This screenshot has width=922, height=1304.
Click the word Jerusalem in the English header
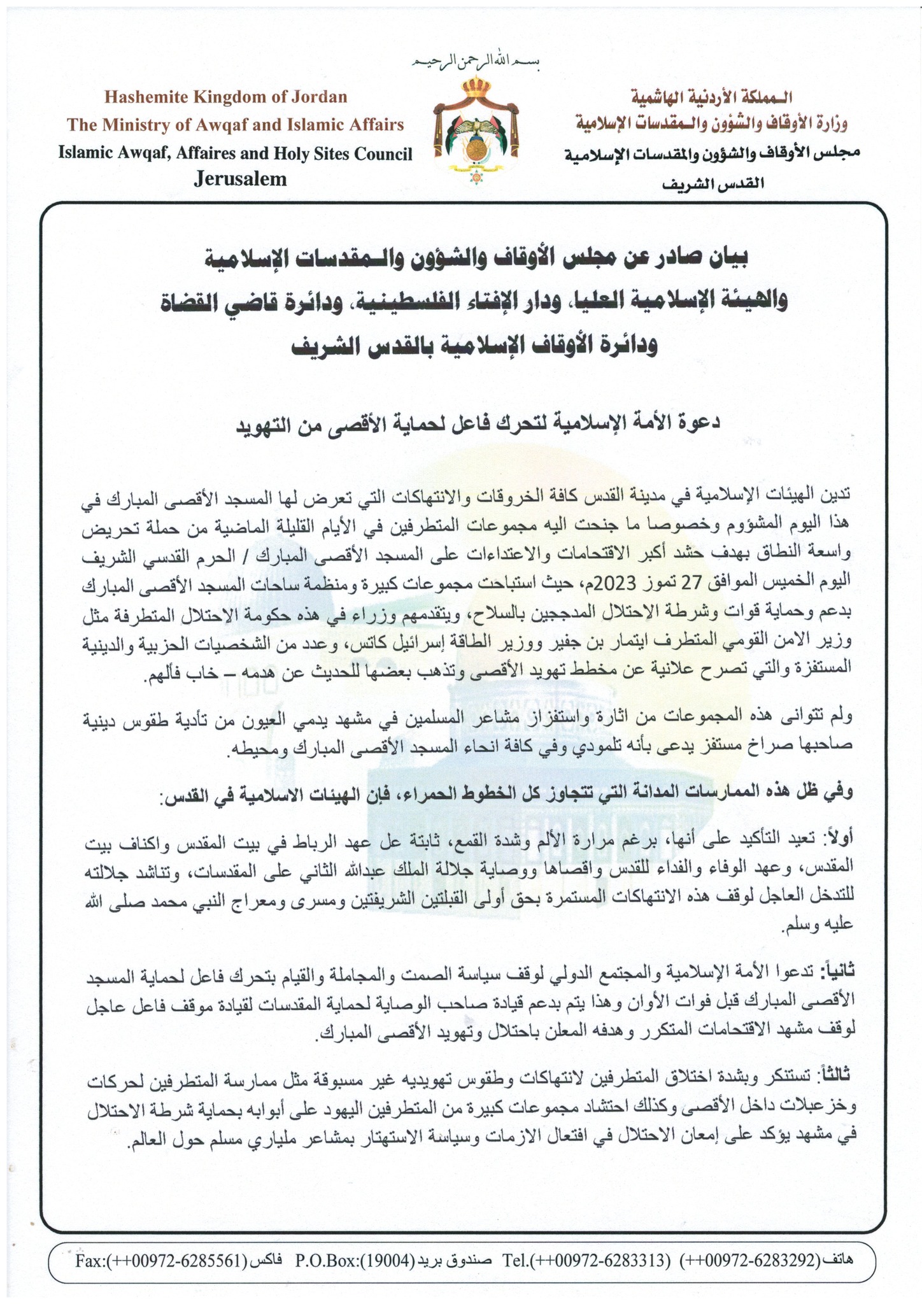(x=240, y=180)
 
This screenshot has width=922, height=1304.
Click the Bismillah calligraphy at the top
(x=472, y=62)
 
